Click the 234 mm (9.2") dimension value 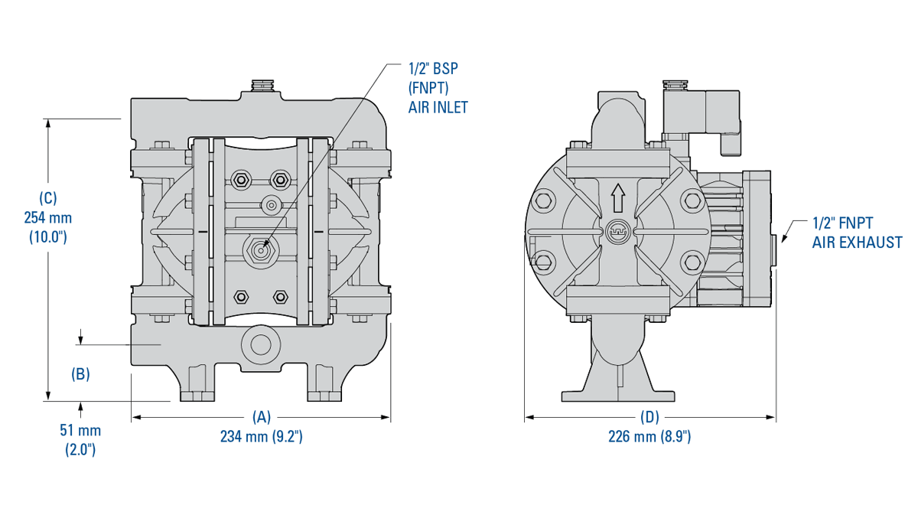(x=262, y=437)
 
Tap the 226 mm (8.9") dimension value (x=650, y=437)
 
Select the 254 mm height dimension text (x=47, y=217)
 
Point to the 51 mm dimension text (x=80, y=431)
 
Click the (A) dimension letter (x=262, y=417)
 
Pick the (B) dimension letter (x=80, y=375)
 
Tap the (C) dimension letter (x=47, y=197)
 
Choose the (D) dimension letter (x=649, y=417)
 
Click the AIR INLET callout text (x=438, y=108)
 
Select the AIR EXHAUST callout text (x=856, y=243)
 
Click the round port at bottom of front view (x=260, y=344)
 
